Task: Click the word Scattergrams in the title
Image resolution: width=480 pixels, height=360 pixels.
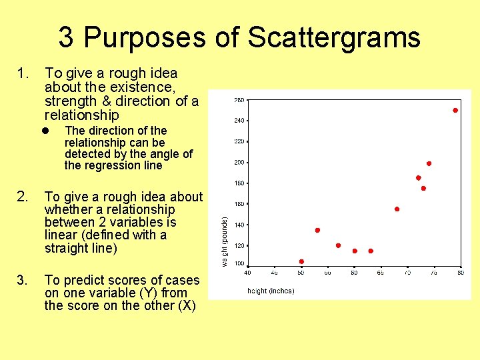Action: coord(334,37)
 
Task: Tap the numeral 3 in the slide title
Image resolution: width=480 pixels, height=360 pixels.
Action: coord(65,37)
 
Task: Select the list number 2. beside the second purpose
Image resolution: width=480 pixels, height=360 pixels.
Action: coord(23,197)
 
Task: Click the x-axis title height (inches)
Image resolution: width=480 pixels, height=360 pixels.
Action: coord(271,291)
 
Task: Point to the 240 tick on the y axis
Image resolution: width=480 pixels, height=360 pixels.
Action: coord(238,121)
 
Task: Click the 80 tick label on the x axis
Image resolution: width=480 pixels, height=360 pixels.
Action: coord(460,272)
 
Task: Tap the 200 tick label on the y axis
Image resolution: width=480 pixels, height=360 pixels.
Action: coord(238,163)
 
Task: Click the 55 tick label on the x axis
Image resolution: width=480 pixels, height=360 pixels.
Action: coord(328,272)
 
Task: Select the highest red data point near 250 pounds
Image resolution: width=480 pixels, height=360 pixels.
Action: coord(455,111)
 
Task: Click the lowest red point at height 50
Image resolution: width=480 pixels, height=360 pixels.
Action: coord(301,261)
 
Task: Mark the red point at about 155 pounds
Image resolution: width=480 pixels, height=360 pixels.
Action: coord(397,209)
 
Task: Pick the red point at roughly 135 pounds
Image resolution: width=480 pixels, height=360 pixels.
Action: coord(317,230)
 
